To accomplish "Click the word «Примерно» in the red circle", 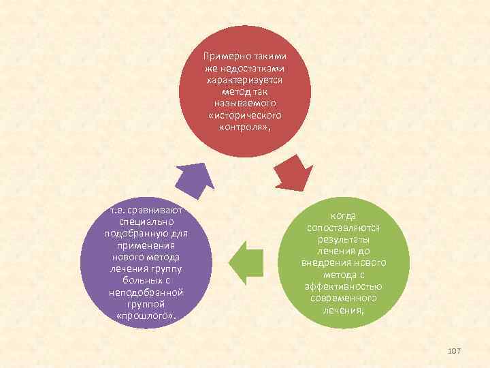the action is click(x=223, y=57).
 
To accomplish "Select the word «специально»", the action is click(x=147, y=222).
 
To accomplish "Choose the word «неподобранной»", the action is click(x=146, y=292).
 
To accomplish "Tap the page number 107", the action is click(x=454, y=350).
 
